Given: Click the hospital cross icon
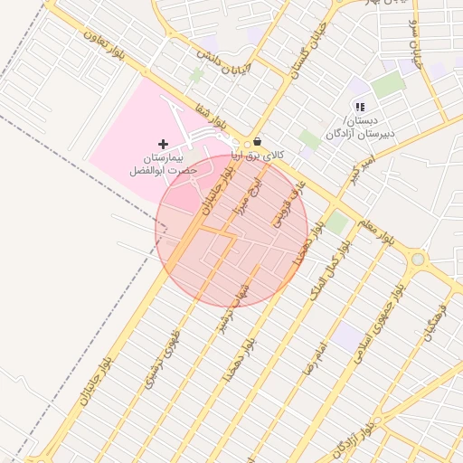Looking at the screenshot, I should (163, 144).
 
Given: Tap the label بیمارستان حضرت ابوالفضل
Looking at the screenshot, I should (156, 164).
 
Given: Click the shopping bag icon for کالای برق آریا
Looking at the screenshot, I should (258, 142).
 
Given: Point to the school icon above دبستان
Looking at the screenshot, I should (360, 108).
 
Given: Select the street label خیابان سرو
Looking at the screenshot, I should (415, 43).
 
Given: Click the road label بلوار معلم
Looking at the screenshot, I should (375, 234).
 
